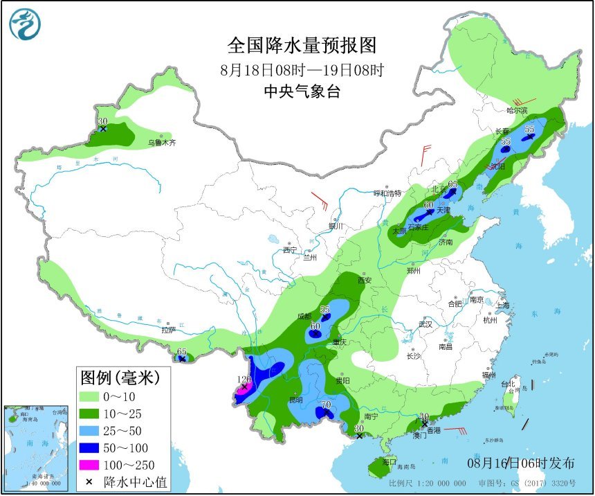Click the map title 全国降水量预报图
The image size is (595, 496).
pyautogui.click(x=302, y=45)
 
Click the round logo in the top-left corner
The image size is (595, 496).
pyautogui.click(x=25, y=24)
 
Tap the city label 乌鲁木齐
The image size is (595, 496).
pyautogui.click(x=162, y=143)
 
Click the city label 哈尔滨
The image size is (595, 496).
pyautogui.click(x=517, y=110)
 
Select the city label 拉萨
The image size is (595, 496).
pyautogui.click(x=168, y=330)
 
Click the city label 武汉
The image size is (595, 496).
pyautogui.click(x=425, y=324)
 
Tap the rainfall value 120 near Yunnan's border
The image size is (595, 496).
pyautogui.click(x=244, y=380)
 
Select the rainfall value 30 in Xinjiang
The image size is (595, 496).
pyautogui.click(x=102, y=121)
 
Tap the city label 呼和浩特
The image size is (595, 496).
pyautogui.click(x=387, y=193)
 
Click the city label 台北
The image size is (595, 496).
pyautogui.click(x=509, y=384)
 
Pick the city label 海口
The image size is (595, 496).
pyautogui.click(x=390, y=461)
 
